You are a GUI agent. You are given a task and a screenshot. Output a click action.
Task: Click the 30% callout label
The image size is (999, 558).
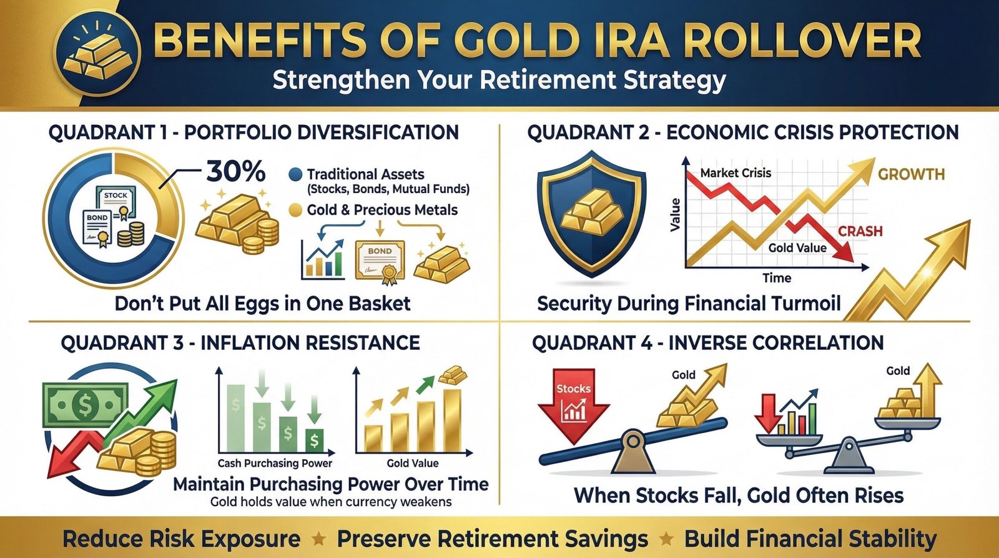(x=235, y=171)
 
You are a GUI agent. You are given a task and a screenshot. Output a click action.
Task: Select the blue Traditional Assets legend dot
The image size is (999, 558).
(x=296, y=175)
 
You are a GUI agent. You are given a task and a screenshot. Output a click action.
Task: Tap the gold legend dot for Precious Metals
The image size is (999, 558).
(x=296, y=211)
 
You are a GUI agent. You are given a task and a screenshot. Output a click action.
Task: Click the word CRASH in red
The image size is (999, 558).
(x=860, y=231)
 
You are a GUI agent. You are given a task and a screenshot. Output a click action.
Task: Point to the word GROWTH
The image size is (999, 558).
(x=911, y=174)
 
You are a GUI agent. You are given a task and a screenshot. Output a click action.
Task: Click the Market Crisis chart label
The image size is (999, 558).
(x=736, y=173)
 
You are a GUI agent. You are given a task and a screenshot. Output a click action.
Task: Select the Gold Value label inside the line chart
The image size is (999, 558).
(x=797, y=248)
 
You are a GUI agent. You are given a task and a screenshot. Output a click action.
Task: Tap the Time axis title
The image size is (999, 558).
(x=777, y=278)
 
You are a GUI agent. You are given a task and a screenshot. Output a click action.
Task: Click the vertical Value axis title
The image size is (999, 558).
(x=675, y=215)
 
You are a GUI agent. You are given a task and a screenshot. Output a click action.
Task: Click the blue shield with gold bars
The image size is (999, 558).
(x=591, y=212)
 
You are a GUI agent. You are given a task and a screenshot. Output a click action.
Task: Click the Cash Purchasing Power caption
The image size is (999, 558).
(x=275, y=463)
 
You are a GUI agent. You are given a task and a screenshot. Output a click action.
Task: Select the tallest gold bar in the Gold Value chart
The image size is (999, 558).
(x=451, y=420)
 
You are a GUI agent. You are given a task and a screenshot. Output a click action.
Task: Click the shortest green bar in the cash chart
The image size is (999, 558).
(x=315, y=440)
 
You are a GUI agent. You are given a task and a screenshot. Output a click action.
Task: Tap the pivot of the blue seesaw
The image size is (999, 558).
(x=633, y=442)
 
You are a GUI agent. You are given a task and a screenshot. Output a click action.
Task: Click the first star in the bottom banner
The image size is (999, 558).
(x=318, y=539)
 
